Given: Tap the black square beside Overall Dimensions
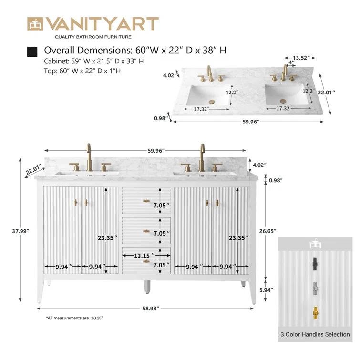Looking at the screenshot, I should [x=32, y=51].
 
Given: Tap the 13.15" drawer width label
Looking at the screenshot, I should [x=143, y=256].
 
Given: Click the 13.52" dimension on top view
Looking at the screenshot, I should [x=301, y=58].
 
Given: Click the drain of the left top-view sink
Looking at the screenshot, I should [x=212, y=101].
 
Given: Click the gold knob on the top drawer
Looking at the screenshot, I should [x=146, y=201].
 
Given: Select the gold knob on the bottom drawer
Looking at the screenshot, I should [x=146, y=261].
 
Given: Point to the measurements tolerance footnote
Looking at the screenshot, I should [x=74, y=318].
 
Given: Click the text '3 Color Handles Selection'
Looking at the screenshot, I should [x=315, y=334].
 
